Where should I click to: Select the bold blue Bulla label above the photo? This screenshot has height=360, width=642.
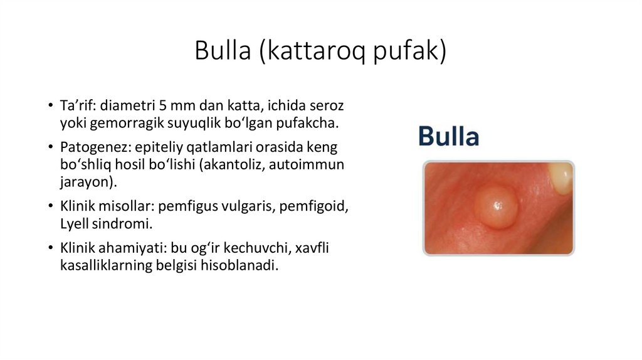point(448,137)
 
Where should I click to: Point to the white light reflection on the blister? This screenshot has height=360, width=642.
point(497,204)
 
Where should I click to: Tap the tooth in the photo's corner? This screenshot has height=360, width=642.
point(562,176)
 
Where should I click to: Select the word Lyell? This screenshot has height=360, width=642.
point(75,223)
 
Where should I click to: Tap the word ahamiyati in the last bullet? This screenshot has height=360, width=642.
point(129,248)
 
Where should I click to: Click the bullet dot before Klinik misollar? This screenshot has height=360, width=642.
point(50,206)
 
